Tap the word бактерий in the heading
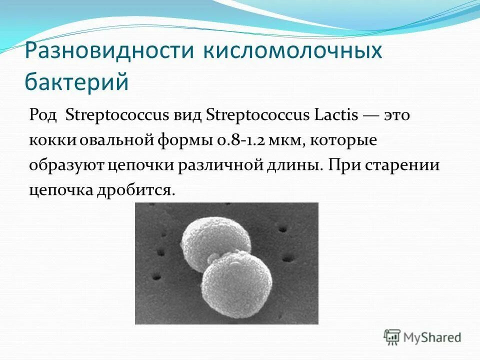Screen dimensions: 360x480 point(77,81)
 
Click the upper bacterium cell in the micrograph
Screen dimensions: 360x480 point(210,238)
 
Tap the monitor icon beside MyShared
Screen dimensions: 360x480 point(392,337)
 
